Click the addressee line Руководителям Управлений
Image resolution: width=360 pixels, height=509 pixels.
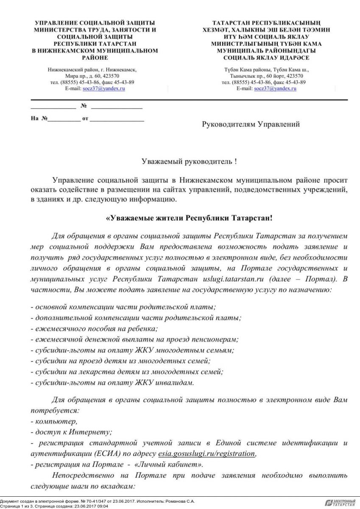coord(251,124)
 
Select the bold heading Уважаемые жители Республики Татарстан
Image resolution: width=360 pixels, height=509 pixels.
coord(189,218)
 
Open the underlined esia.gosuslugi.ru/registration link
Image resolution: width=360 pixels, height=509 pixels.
coord(207,453)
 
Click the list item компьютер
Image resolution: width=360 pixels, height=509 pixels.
coord(56,422)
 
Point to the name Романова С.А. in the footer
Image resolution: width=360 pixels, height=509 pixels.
coord(181,501)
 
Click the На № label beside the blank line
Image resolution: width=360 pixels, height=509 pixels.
coord(39,119)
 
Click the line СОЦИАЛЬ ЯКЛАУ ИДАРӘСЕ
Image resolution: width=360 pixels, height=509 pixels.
coord(266,57)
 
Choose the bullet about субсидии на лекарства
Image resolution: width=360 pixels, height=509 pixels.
coord(127,372)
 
